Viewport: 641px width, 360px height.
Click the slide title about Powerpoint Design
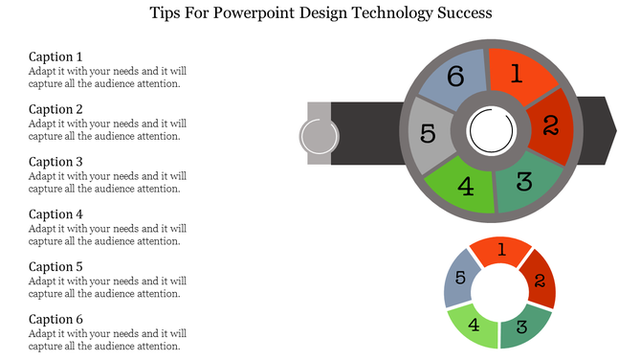pyautogui.click(x=321, y=14)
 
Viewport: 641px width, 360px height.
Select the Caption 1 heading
pyautogui.click(x=55, y=56)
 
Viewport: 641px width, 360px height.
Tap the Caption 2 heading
pyautogui.click(x=55, y=109)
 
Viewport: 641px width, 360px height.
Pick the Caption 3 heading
pyautogui.click(x=55, y=162)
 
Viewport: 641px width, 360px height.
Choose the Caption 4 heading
pyautogui.click(x=55, y=214)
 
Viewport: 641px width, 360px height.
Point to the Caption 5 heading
pyautogui.click(x=55, y=267)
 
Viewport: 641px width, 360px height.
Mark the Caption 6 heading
pyautogui.click(x=55, y=320)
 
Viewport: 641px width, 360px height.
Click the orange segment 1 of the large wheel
pyautogui.click(x=517, y=74)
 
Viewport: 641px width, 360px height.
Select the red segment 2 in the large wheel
pyautogui.click(x=550, y=124)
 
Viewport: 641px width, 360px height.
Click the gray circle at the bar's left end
pyautogui.click(x=318, y=136)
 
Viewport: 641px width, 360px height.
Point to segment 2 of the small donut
pyautogui.click(x=539, y=280)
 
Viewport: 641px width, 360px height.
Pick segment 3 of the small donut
pyautogui.click(x=522, y=326)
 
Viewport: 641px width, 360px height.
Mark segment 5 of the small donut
pyautogui.click(x=460, y=279)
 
